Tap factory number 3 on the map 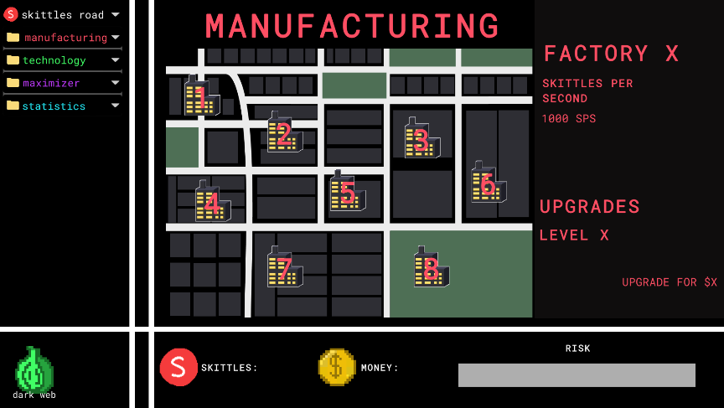[421, 140]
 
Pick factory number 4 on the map [212, 203]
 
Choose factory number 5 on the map [346, 193]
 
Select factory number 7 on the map [284, 269]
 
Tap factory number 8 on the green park [431, 269]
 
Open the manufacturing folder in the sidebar [65, 38]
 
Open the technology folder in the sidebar [54, 60]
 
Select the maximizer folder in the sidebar [51, 83]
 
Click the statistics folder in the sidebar [54, 106]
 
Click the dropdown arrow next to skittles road [115, 15]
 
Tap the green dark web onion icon [34, 369]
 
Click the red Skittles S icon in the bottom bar [178, 367]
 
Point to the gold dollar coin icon [337, 367]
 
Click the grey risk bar [577, 375]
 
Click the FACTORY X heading [611, 54]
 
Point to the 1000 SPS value [569, 119]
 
